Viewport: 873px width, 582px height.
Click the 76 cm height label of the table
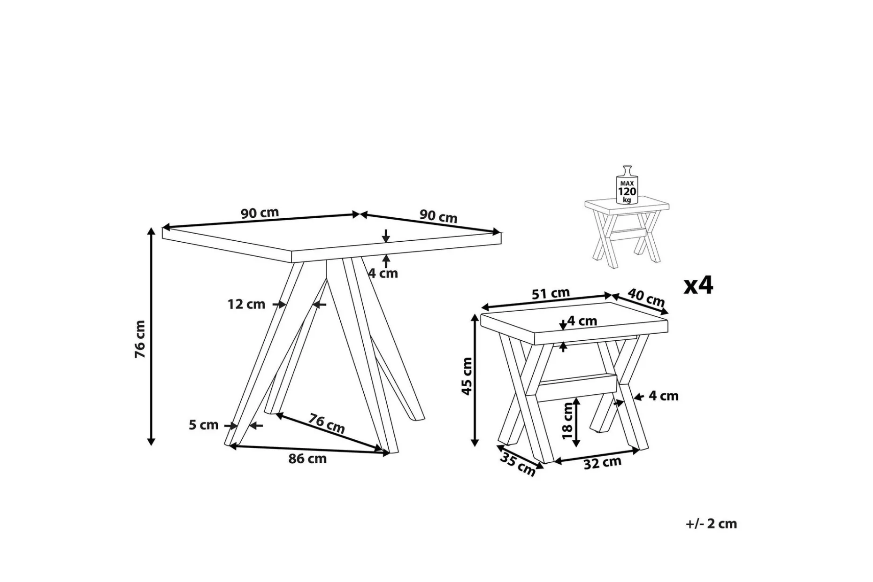[140, 339]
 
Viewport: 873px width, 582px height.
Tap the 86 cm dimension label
[307, 459]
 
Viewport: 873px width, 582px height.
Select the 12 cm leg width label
[246, 304]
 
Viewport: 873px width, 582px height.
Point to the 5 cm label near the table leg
[204, 425]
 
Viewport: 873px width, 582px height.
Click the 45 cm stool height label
[467, 376]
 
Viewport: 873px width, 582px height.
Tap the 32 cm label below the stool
[602, 463]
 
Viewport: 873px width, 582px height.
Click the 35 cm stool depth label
[518, 464]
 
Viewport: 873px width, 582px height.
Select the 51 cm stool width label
[551, 294]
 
